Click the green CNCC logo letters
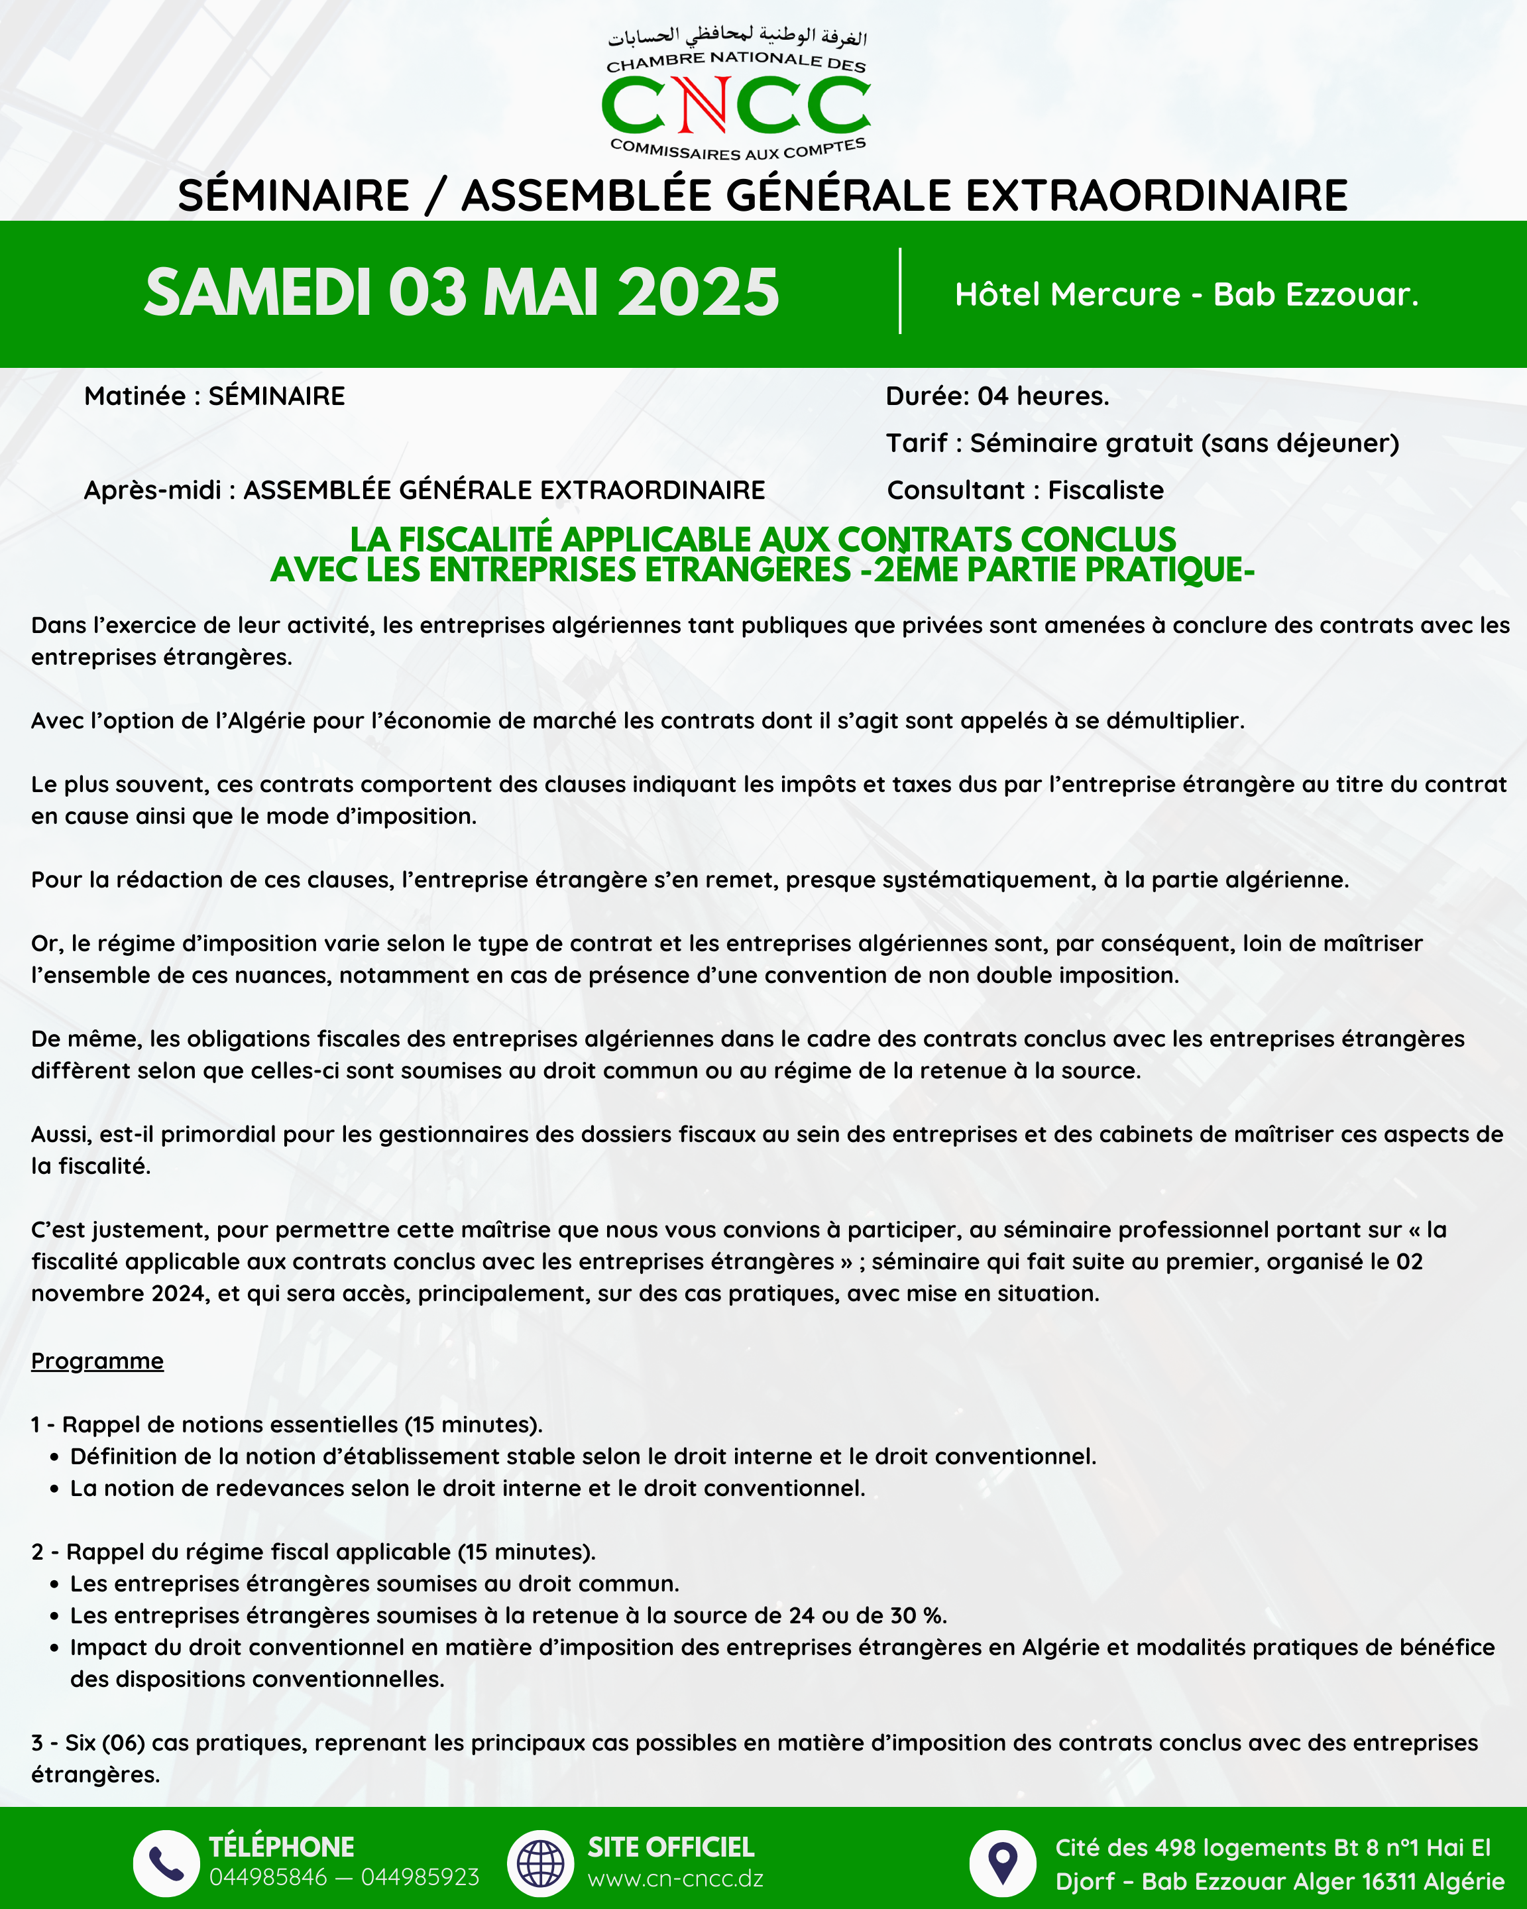736,105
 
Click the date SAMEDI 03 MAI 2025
461,292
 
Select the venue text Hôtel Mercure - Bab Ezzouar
1186,294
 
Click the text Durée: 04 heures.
997,396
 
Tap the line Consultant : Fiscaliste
1025,490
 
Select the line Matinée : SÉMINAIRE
214,396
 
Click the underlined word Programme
97,1360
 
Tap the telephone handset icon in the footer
166,1863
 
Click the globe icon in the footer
540,1863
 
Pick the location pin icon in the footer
1002,1863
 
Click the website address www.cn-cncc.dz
675,1878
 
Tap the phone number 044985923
420,1877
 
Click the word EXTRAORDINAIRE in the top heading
1156,195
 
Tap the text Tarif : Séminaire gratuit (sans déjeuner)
1142,443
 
